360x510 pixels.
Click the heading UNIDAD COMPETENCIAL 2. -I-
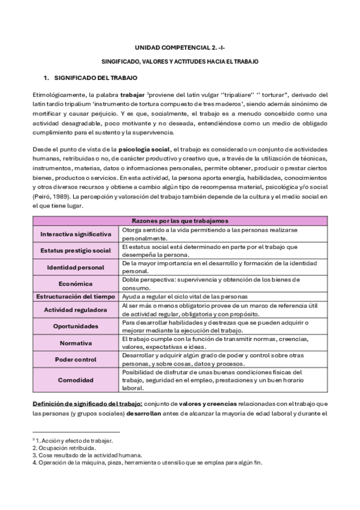click(180, 47)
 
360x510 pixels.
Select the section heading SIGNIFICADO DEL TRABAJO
click(96, 78)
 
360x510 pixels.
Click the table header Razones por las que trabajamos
click(180, 221)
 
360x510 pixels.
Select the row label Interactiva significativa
click(76, 233)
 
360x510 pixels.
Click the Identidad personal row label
click(76, 267)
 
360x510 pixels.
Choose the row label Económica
click(76, 284)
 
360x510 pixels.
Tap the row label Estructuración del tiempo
click(76, 296)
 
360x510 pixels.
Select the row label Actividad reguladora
click(76, 309)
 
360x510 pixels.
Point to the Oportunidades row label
click(76, 326)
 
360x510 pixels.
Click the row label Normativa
click(76, 343)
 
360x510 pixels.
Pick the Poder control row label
click(76, 360)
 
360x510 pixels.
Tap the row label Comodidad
click(76, 381)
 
